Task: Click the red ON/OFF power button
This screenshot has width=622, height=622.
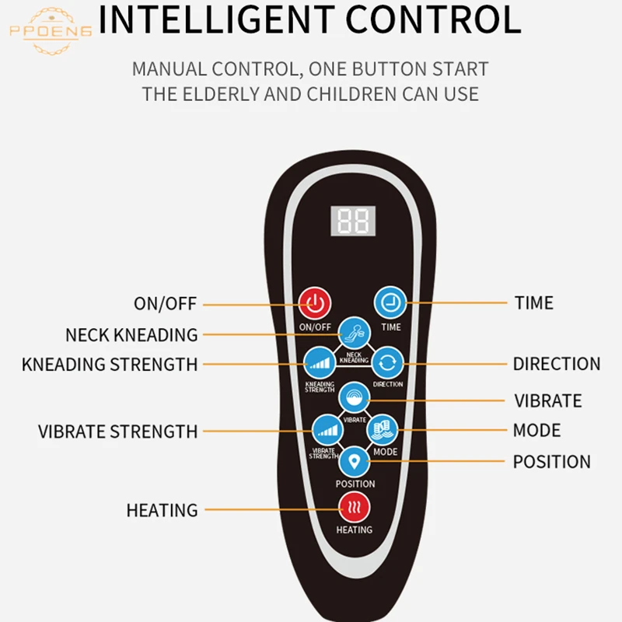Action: pos(316,302)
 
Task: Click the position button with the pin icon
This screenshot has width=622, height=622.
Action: pos(355,462)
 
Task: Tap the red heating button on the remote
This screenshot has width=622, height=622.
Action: pos(354,509)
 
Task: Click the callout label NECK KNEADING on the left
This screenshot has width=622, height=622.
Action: pos(131,335)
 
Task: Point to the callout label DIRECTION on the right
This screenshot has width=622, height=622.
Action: pos(557,364)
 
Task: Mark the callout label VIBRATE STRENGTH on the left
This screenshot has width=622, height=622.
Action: pos(118,432)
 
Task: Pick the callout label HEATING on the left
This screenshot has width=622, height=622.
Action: pos(162,511)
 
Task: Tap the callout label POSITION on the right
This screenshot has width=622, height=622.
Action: pos(551,462)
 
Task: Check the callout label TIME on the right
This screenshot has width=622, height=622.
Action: pos(534,302)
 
